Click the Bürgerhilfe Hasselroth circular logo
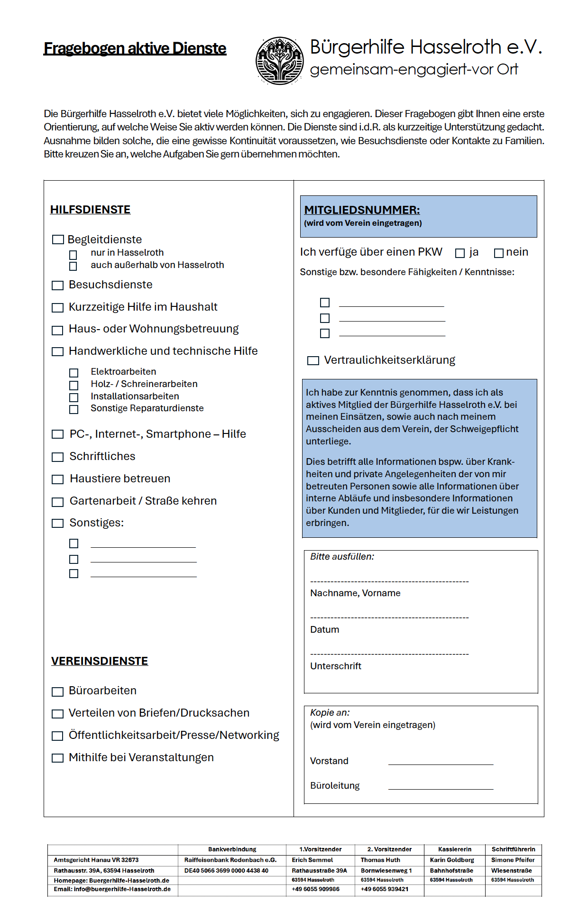[280, 61]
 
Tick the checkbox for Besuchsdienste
[57, 285]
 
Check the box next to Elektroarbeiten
[74, 373]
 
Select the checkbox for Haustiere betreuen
[57, 479]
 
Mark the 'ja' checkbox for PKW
[460, 253]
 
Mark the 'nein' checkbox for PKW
[498, 253]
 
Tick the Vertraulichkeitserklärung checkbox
[313, 361]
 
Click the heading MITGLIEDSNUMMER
[362, 210]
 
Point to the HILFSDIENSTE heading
[90, 210]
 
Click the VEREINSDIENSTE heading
[100, 661]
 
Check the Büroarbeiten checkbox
[57, 692]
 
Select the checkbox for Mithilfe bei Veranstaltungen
[57, 758]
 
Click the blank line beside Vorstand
[441, 764]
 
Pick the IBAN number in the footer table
[226, 871]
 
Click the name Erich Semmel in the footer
[312, 860]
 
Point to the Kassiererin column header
[454, 849]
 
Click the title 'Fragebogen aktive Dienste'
[135, 48]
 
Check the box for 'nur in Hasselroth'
[73, 255]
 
